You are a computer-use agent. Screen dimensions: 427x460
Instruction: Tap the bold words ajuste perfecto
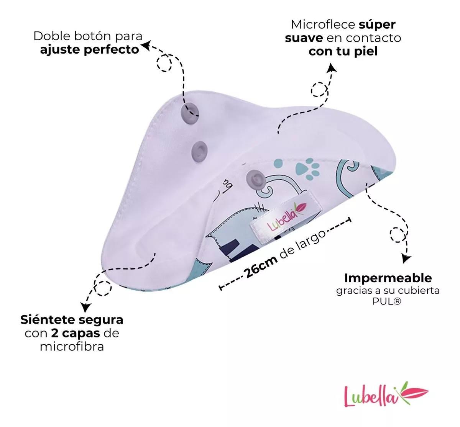click(89, 50)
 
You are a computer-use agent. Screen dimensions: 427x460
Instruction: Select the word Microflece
click(323, 25)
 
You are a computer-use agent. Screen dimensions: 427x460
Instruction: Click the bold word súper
click(377, 25)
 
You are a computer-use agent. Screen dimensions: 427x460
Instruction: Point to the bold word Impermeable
click(388, 278)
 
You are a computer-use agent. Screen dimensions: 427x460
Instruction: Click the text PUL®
click(387, 301)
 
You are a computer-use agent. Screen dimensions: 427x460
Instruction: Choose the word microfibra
click(72, 347)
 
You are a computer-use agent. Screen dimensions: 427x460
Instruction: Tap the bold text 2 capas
click(76, 333)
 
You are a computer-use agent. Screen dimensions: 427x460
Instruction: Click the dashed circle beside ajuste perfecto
click(165, 63)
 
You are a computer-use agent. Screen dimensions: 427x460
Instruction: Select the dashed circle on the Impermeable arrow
click(397, 234)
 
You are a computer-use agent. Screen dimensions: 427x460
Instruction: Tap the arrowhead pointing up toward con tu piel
click(331, 68)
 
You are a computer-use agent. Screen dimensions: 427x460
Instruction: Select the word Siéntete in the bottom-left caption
click(47, 319)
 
